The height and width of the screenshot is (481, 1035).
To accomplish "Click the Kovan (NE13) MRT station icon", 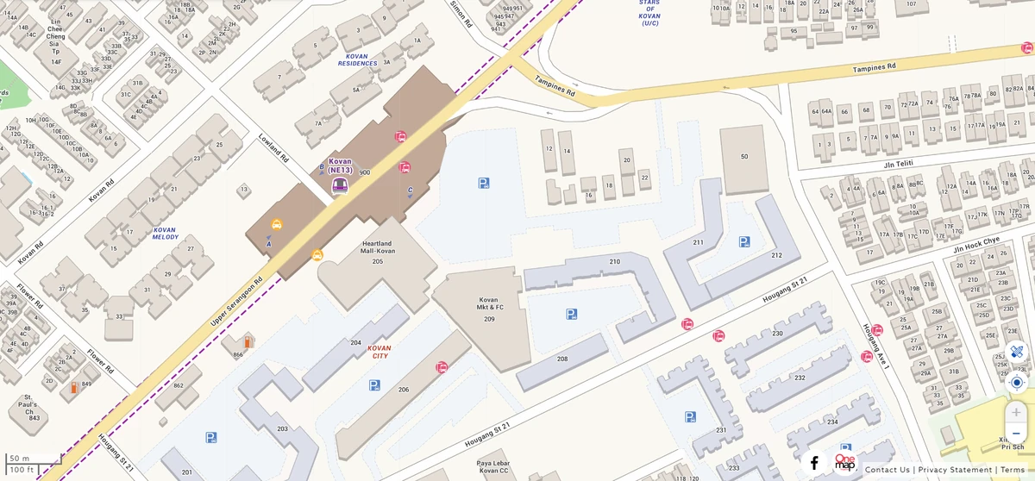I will [x=340, y=184].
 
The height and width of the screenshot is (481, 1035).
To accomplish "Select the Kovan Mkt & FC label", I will [x=489, y=305].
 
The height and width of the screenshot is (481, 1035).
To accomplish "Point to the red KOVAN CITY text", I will [x=379, y=352].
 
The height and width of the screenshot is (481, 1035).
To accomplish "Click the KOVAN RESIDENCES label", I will [x=358, y=59].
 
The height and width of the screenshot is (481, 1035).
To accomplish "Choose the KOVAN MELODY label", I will [x=165, y=234].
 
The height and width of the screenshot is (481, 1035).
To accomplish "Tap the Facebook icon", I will [x=813, y=463].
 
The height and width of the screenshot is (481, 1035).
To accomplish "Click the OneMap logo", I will [x=844, y=463].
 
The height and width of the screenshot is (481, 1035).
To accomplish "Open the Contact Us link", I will [x=887, y=470].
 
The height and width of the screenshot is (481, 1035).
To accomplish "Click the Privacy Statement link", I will [x=955, y=470].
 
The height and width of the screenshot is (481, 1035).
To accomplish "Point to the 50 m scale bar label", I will [x=19, y=459].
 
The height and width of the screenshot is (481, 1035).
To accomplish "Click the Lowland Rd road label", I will [x=273, y=149].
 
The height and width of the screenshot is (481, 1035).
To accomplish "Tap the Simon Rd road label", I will [x=461, y=14].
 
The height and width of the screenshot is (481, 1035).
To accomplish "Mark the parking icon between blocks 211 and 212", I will [x=744, y=242].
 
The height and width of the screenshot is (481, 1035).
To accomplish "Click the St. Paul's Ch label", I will [x=29, y=408].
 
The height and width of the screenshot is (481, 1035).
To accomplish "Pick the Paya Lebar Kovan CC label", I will [x=493, y=466].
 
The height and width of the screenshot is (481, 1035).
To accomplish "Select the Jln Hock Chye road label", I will [x=976, y=245].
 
